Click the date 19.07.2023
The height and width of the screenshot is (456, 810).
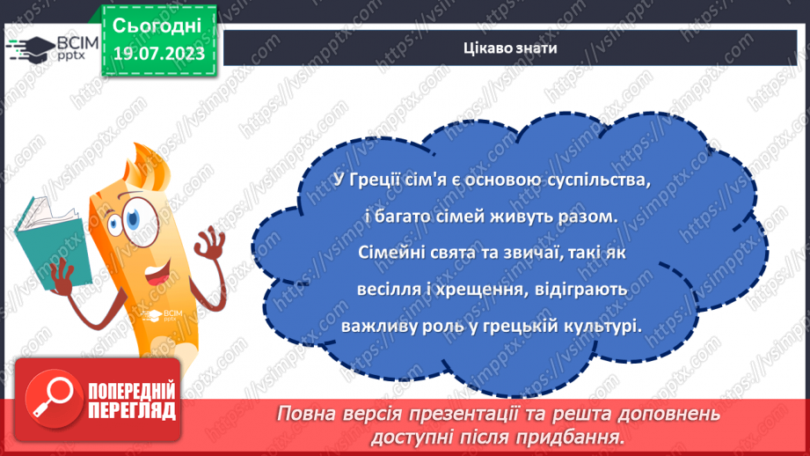(x=158, y=53)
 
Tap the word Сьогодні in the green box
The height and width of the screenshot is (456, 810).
(x=158, y=24)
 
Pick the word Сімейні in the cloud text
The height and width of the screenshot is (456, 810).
(x=389, y=252)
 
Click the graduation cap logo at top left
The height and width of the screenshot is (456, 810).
(x=30, y=48)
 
